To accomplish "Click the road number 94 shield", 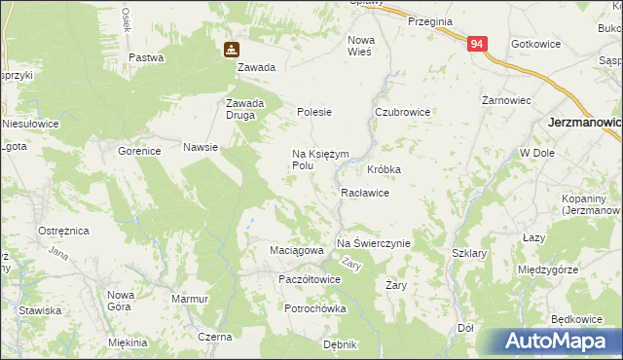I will [476, 45].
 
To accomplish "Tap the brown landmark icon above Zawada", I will [231, 49].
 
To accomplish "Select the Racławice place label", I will [365, 193].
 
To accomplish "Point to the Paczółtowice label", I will [309, 279].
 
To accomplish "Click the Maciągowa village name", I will [296, 250].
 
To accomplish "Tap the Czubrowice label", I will [402, 112].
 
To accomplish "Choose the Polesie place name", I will [314, 112].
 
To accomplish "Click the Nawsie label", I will [200, 148].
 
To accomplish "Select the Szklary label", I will [469, 253].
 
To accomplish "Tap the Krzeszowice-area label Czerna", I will [214, 337].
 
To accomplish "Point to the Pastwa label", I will [146, 57].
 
